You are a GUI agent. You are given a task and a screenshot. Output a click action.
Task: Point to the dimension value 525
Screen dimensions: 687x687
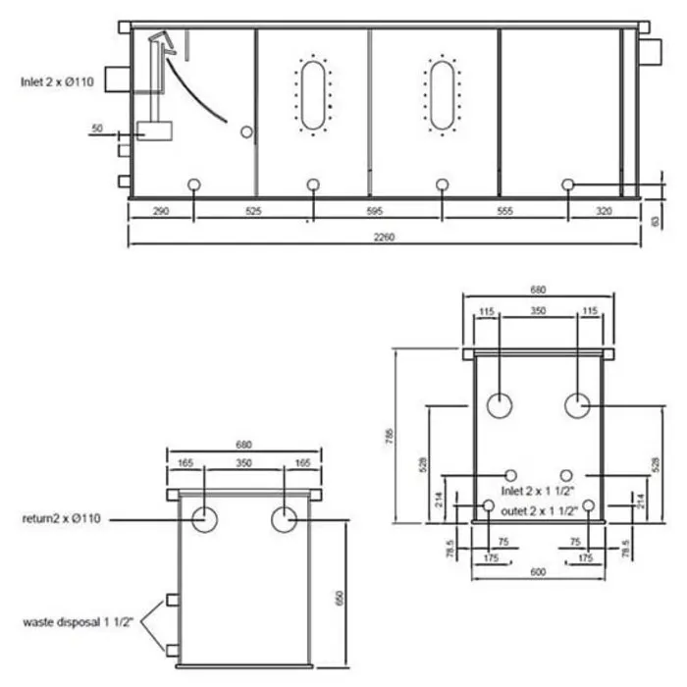coord(253,211)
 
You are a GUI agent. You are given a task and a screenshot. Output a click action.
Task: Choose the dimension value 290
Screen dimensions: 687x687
coord(161,211)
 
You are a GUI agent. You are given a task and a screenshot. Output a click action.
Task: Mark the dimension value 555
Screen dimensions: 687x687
coord(506,211)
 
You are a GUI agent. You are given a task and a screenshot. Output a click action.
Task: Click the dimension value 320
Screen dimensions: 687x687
coord(602,211)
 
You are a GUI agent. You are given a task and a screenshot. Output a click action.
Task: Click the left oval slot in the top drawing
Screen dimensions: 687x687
coord(313,95)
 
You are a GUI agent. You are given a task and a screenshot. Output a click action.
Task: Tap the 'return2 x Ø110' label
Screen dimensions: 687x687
coord(63,517)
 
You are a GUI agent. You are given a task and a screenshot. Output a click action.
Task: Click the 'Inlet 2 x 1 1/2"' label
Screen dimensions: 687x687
coord(539,489)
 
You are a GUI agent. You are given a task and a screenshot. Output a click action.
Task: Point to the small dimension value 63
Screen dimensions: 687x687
coord(655,220)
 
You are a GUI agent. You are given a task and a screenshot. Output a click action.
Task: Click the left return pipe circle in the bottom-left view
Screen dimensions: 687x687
coord(204,519)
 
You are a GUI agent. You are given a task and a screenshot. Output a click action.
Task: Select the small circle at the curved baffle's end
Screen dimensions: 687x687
coord(247,132)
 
